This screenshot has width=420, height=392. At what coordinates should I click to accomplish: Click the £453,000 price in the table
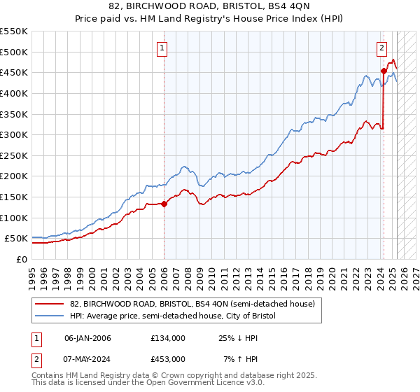click(x=168, y=358)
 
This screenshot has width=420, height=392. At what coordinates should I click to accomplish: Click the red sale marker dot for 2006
click(x=164, y=204)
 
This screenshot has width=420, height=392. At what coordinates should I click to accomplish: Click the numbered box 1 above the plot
click(x=162, y=48)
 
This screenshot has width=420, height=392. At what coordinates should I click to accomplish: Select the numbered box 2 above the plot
click(x=381, y=48)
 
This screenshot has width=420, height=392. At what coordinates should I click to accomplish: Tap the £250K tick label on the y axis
click(x=13, y=155)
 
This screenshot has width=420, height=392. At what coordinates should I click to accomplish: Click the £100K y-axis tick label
click(x=13, y=218)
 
